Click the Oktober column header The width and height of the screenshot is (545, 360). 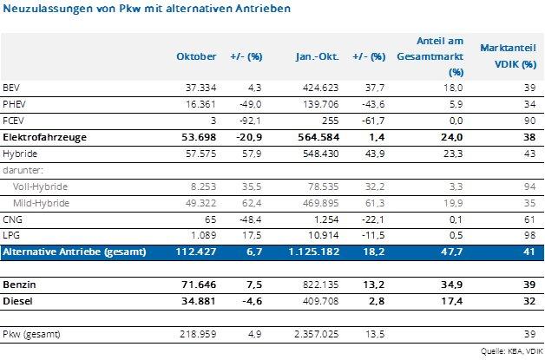[x=196, y=56]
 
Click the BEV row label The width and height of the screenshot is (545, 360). [x=11, y=88]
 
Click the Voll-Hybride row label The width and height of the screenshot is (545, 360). [x=39, y=186]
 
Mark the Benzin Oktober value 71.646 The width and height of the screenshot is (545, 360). [x=200, y=283]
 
